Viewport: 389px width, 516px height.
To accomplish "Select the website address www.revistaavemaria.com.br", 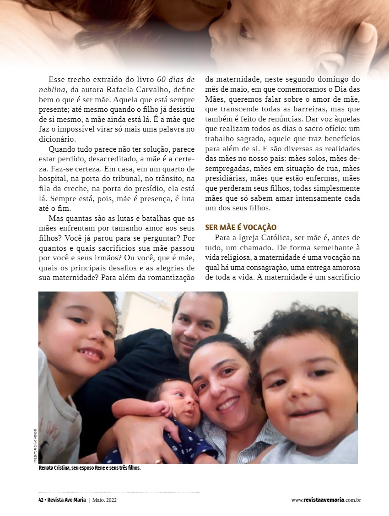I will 326,500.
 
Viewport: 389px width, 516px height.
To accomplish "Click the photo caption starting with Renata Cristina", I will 90,468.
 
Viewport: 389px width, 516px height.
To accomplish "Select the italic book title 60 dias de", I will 176,79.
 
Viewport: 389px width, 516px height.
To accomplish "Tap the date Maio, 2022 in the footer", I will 104,500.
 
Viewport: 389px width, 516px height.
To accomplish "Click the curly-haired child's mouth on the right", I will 305,414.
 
